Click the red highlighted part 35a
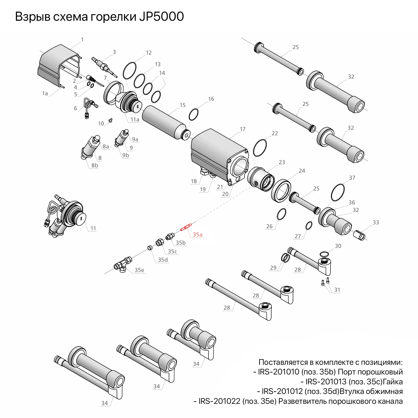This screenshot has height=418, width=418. tap(186, 227)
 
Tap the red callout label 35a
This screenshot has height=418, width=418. tap(198, 235)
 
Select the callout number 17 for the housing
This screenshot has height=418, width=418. tap(243, 129)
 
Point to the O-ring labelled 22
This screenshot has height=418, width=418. tap(260, 148)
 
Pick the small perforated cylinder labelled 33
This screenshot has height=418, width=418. tap(359, 235)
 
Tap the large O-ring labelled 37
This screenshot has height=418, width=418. tap(338, 193)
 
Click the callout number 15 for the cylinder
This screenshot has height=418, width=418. tap(183, 105)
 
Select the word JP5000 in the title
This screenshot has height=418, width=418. tap(161, 17)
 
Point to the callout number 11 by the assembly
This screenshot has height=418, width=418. tap(93, 228)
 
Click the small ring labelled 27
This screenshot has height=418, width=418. tap(309, 225)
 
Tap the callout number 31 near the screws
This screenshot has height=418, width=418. tap(337, 290)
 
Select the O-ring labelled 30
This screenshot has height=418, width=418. tap(324, 254)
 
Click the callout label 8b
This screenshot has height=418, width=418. tap(95, 165)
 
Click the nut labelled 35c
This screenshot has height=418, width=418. tap(160, 242)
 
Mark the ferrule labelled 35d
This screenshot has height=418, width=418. tap(150, 247)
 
